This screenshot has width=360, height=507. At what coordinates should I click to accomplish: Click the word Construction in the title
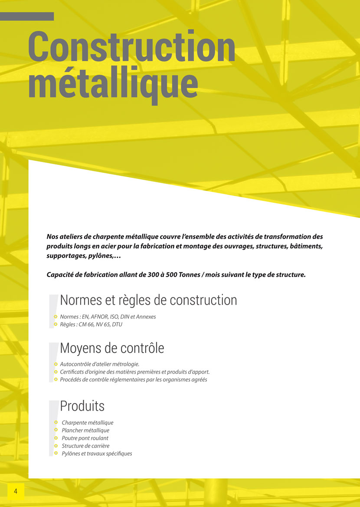[x=131, y=47]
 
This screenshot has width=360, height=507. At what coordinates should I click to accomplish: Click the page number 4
[x=16, y=491]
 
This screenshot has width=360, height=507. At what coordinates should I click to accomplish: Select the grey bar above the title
[x=27, y=16]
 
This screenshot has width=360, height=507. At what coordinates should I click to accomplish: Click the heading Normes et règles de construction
[x=148, y=300]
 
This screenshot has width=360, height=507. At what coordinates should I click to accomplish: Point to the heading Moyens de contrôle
[x=112, y=348]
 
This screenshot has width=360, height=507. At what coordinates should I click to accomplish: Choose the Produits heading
[x=82, y=406]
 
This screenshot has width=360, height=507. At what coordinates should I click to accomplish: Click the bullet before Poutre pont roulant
[x=56, y=438]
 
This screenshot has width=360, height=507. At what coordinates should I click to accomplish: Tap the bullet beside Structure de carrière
[x=56, y=446]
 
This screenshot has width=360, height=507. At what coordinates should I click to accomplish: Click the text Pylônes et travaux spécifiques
[x=97, y=454]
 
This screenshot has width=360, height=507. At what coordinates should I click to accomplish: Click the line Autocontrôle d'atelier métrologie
[x=99, y=364]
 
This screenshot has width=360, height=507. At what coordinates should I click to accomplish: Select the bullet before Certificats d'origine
[x=56, y=372]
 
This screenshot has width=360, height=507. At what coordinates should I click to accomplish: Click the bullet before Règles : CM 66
[x=56, y=324]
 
